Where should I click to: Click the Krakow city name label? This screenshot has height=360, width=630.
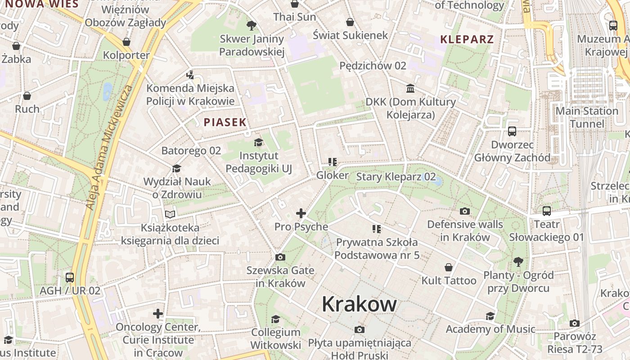(x=359, y=305)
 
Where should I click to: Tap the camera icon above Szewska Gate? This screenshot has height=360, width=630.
(x=280, y=257)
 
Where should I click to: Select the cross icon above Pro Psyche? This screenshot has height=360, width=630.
(x=301, y=213)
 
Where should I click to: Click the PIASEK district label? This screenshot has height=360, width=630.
(x=225, y=122)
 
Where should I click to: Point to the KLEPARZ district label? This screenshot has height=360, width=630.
(x=467, y=39)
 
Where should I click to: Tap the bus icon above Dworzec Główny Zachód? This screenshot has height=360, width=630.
(x=512, y=131)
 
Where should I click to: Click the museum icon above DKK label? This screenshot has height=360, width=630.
(x=410, y=88)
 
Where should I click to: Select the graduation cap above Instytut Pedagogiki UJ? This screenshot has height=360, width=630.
(x=258, y=143)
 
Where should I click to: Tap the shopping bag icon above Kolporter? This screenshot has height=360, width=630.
(x=126, y=42)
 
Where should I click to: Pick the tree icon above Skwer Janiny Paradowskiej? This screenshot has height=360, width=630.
(x=252, y=26)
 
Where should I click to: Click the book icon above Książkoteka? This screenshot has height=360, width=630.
(x=170, y=214)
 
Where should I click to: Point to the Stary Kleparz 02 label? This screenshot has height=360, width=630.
(x=396, y=177)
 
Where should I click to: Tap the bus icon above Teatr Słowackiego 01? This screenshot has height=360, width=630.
(x=546, y=211)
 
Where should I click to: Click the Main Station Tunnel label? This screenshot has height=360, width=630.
(x=587, y=117)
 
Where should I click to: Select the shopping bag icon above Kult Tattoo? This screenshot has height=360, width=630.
(x=448, y=267)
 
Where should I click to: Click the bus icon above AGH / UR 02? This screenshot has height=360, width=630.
(x=70, y=277)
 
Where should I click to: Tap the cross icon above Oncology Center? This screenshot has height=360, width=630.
(x=157, y=313)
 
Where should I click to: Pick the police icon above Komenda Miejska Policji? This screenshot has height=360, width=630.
(x=190, y=75)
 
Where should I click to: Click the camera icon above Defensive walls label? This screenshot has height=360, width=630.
(x=464, y=211)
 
